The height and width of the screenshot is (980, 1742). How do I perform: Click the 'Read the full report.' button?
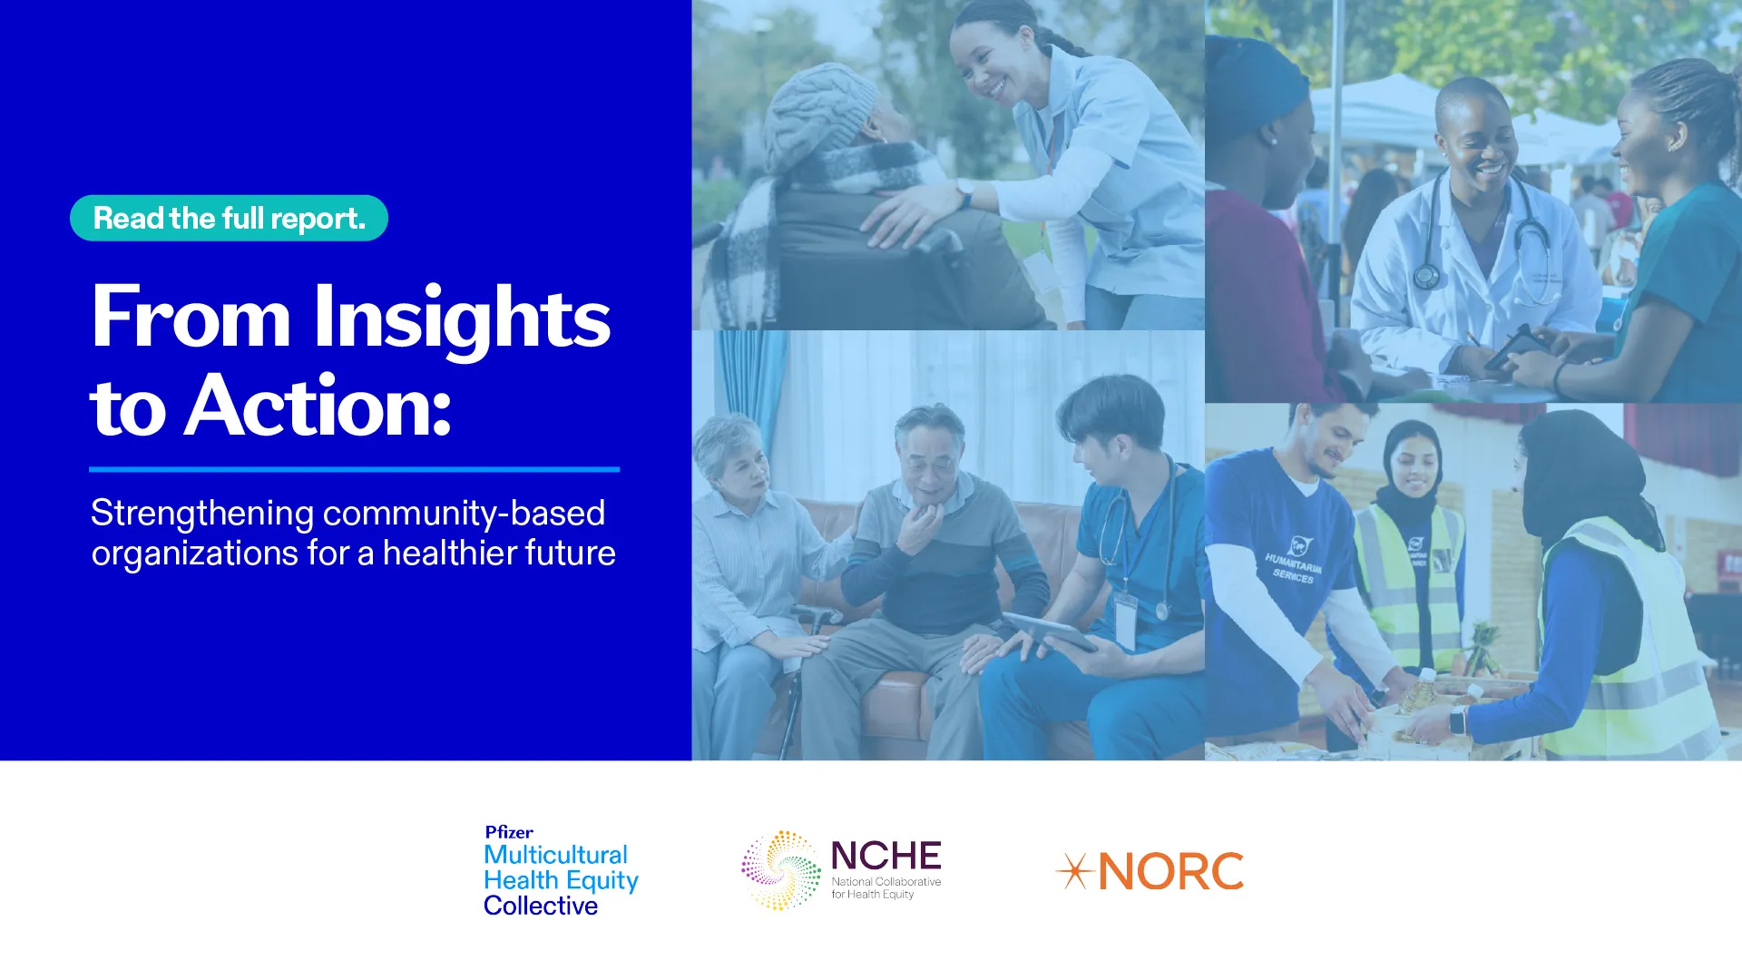[x=229, y=218]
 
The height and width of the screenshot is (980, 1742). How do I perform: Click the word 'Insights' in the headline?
[x=462, y=319]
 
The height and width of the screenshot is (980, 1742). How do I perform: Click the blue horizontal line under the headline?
[x=354, y=469]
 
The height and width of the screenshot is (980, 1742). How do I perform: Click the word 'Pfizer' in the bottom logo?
[x=509, y=832]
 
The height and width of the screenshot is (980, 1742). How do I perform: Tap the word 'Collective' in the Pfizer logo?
[x=541, y=906]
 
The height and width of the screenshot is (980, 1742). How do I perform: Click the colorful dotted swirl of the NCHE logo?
[x=781, y=870]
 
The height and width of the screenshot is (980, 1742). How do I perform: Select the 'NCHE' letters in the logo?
[x=886, y=856]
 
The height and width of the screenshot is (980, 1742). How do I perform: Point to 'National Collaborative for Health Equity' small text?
[x=886, y=887]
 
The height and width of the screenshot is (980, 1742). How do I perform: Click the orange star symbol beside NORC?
[x=1075, y=871]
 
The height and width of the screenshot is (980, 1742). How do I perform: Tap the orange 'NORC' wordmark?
[x=1171, y=872]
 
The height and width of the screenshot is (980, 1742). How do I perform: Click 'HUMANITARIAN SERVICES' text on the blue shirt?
[x=1294, y=566]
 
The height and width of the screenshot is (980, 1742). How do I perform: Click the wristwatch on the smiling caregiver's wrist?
[x=964, y=192]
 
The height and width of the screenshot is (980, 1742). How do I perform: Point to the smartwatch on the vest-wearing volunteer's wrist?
[x=1457, y=720]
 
